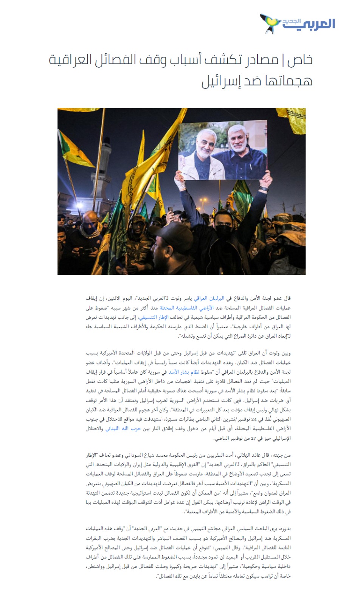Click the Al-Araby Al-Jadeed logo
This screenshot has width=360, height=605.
[x=297, y=23]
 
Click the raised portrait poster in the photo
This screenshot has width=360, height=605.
[x=223, y=150]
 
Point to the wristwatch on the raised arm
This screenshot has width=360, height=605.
[x=264, y=188]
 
